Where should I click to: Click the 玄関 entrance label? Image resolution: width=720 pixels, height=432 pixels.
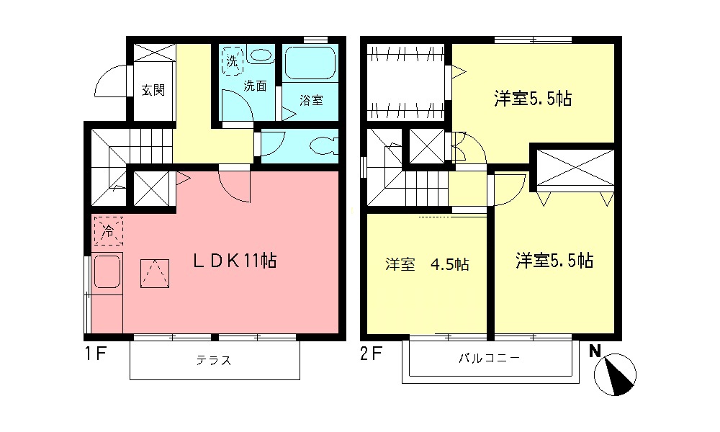click(x=153, y=90)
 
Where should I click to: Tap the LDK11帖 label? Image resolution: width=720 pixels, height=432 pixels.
click(x=234, y=261)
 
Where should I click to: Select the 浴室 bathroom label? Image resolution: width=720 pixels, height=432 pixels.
click(x=311, y=100)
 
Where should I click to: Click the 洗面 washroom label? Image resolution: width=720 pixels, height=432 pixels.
click(x=255, y=86)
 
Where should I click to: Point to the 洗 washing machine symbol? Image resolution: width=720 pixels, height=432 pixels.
click(x=233, y=60)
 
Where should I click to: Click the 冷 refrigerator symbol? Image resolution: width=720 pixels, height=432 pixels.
click(x=109, y=231)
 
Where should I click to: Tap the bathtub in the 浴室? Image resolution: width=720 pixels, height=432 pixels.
click(x=310, y=63)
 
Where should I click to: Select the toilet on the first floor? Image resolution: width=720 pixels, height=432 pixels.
click(x=324, y=146)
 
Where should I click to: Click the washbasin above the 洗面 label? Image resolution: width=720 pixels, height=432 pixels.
click(x=261, y=55)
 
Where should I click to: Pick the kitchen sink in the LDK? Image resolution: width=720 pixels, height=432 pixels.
click(x=107, y=271)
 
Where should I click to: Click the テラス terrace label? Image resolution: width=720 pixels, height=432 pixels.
click(x=214, y=361)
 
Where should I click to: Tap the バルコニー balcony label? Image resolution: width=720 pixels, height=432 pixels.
click(x=490, y=358)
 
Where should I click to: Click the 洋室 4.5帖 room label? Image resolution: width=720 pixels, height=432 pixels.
click(x=427, y=264)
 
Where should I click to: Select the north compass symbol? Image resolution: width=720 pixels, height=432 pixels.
click(x=615, y=374)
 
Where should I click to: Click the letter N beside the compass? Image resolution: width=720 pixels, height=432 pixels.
click(x=595, y=351)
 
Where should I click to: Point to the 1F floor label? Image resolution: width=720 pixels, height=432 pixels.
click(x=96, y=354)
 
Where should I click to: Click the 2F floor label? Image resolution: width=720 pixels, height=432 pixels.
click(x=371, y=354)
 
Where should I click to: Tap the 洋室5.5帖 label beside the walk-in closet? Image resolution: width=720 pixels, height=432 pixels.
click(x=533, y=99)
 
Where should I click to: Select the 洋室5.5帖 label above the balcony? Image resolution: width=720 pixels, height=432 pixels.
click(x=554, y=261)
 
